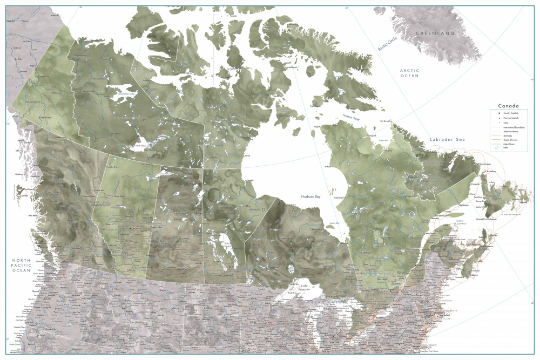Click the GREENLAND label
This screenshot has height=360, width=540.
click(435, 33)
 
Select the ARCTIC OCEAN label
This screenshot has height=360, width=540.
click(409, 73)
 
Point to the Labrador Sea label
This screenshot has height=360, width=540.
click(446, 140)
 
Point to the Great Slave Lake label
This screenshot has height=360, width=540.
click(143, 145)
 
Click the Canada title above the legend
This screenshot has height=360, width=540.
click(508, 106)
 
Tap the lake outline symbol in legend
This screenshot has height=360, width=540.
click(496, 148)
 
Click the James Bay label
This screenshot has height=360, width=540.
click(335, 223)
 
